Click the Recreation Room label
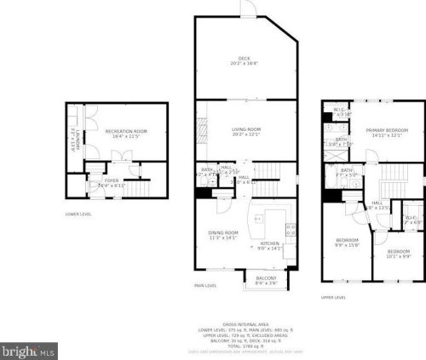(126, 134)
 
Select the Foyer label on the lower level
(112, 182)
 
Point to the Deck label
(246, 60)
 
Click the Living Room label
(246, 131)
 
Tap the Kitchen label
(269, 246)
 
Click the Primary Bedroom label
(390, 132)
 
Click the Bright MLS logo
(29, 350)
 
